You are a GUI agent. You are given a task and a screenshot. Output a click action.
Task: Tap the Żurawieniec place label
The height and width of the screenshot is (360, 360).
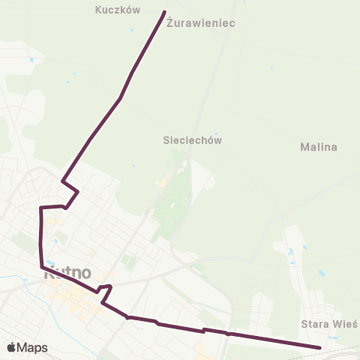point(202,23)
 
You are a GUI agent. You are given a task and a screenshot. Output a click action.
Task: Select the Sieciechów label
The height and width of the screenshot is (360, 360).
point(193,139)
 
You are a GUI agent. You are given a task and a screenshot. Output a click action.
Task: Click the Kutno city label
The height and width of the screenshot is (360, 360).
point(67,274)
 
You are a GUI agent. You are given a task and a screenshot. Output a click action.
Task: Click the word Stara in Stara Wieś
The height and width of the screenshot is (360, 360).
point(313,324)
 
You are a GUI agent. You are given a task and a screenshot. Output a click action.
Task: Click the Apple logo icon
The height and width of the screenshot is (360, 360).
point(12,347)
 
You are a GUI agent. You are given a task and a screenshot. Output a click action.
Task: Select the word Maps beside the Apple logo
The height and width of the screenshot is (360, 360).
point(32,347)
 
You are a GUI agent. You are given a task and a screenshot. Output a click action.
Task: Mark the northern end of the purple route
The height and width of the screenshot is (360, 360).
point(164,11)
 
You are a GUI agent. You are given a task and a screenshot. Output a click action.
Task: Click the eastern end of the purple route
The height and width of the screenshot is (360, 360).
point(320,347)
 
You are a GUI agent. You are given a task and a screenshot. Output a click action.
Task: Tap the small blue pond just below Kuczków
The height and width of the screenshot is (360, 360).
point(131,30)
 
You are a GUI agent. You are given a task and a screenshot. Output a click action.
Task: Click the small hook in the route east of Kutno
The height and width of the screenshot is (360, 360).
point(106,287)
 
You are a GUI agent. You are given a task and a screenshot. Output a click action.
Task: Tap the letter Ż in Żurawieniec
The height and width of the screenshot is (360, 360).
point(170,23)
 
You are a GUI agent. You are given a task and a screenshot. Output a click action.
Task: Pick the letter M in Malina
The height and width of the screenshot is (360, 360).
point(303,147)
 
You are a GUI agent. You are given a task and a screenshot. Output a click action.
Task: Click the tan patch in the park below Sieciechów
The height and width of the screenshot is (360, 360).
point(162,182)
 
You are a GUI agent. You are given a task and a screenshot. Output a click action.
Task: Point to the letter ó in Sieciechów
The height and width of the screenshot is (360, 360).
point(209,139)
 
